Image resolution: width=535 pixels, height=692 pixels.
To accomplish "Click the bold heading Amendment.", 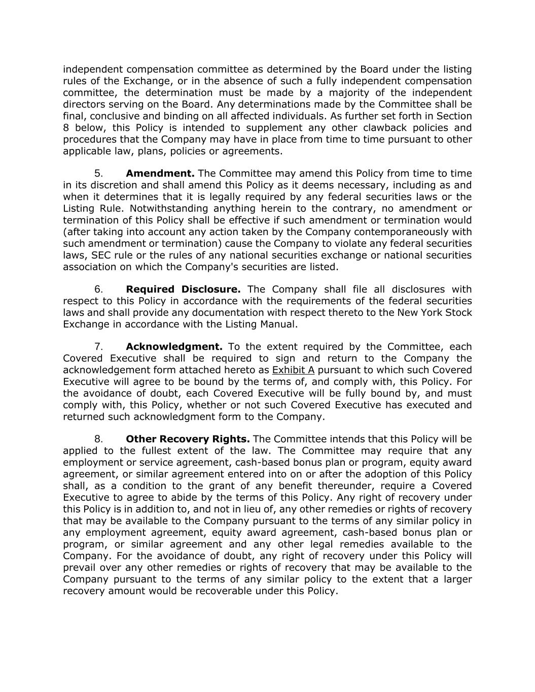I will [x=160, y=173].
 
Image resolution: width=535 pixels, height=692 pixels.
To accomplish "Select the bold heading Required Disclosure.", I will [x=183, y=289].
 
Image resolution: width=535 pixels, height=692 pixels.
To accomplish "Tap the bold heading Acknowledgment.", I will [x=174, y=347].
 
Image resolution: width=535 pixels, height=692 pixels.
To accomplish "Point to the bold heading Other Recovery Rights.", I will [x=188, y=439].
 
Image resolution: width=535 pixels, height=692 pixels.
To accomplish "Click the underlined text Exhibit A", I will [x=293, y=370].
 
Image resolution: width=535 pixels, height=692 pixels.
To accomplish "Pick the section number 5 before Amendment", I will [x=98, y=173].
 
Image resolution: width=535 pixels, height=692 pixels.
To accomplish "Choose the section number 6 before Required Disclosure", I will [x=98, y=289].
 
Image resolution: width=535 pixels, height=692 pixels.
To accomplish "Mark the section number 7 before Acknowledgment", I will [x=98, y=347].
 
